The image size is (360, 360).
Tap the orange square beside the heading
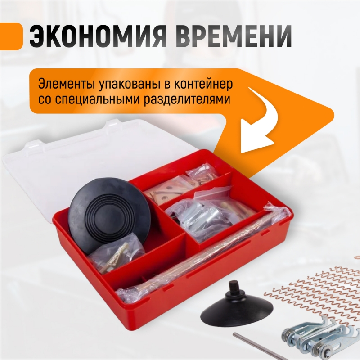(x=11, y=36)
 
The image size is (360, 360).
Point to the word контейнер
(x=203, y=84)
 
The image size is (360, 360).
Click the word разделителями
(x=187, y=100)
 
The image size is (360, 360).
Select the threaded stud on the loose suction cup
(x=233, y=288)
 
